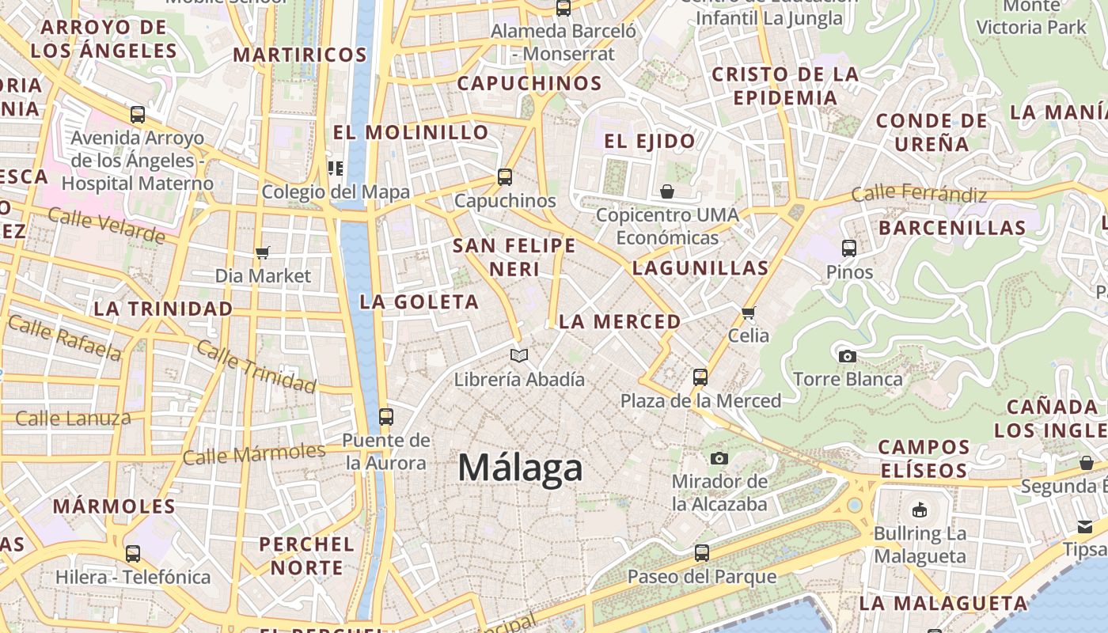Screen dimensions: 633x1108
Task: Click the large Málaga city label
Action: pos(520,468)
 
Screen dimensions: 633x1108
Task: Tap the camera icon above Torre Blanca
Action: pos(848,356)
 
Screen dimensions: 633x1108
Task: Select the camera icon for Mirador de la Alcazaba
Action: pos(719,458)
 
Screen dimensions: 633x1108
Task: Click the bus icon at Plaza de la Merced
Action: pos(700,377)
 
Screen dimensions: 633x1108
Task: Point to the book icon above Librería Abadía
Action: pos(518,356)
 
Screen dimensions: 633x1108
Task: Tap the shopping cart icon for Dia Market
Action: pos(263,252)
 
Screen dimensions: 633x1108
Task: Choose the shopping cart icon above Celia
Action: pos(749,313)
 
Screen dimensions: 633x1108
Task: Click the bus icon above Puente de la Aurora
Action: pos(385,416)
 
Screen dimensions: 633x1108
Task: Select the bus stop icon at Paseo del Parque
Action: pos(701,553)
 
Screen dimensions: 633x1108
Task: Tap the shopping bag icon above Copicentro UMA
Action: pos(667,191)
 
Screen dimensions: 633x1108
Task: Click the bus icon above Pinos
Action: pos(849,248)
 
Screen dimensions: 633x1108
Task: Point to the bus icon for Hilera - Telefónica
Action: pos(133,554)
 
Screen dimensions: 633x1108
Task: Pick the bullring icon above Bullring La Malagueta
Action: pos(920,510)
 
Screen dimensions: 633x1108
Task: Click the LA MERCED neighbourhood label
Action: pos(620,321)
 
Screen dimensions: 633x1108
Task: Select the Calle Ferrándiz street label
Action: pos(919,194)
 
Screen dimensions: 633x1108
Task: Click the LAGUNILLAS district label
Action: pos(700,267)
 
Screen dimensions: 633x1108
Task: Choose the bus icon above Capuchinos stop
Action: pos(505,177)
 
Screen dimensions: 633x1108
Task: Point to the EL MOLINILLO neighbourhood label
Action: pos(411,132)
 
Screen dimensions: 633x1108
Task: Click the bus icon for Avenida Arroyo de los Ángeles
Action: pos(138,115)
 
